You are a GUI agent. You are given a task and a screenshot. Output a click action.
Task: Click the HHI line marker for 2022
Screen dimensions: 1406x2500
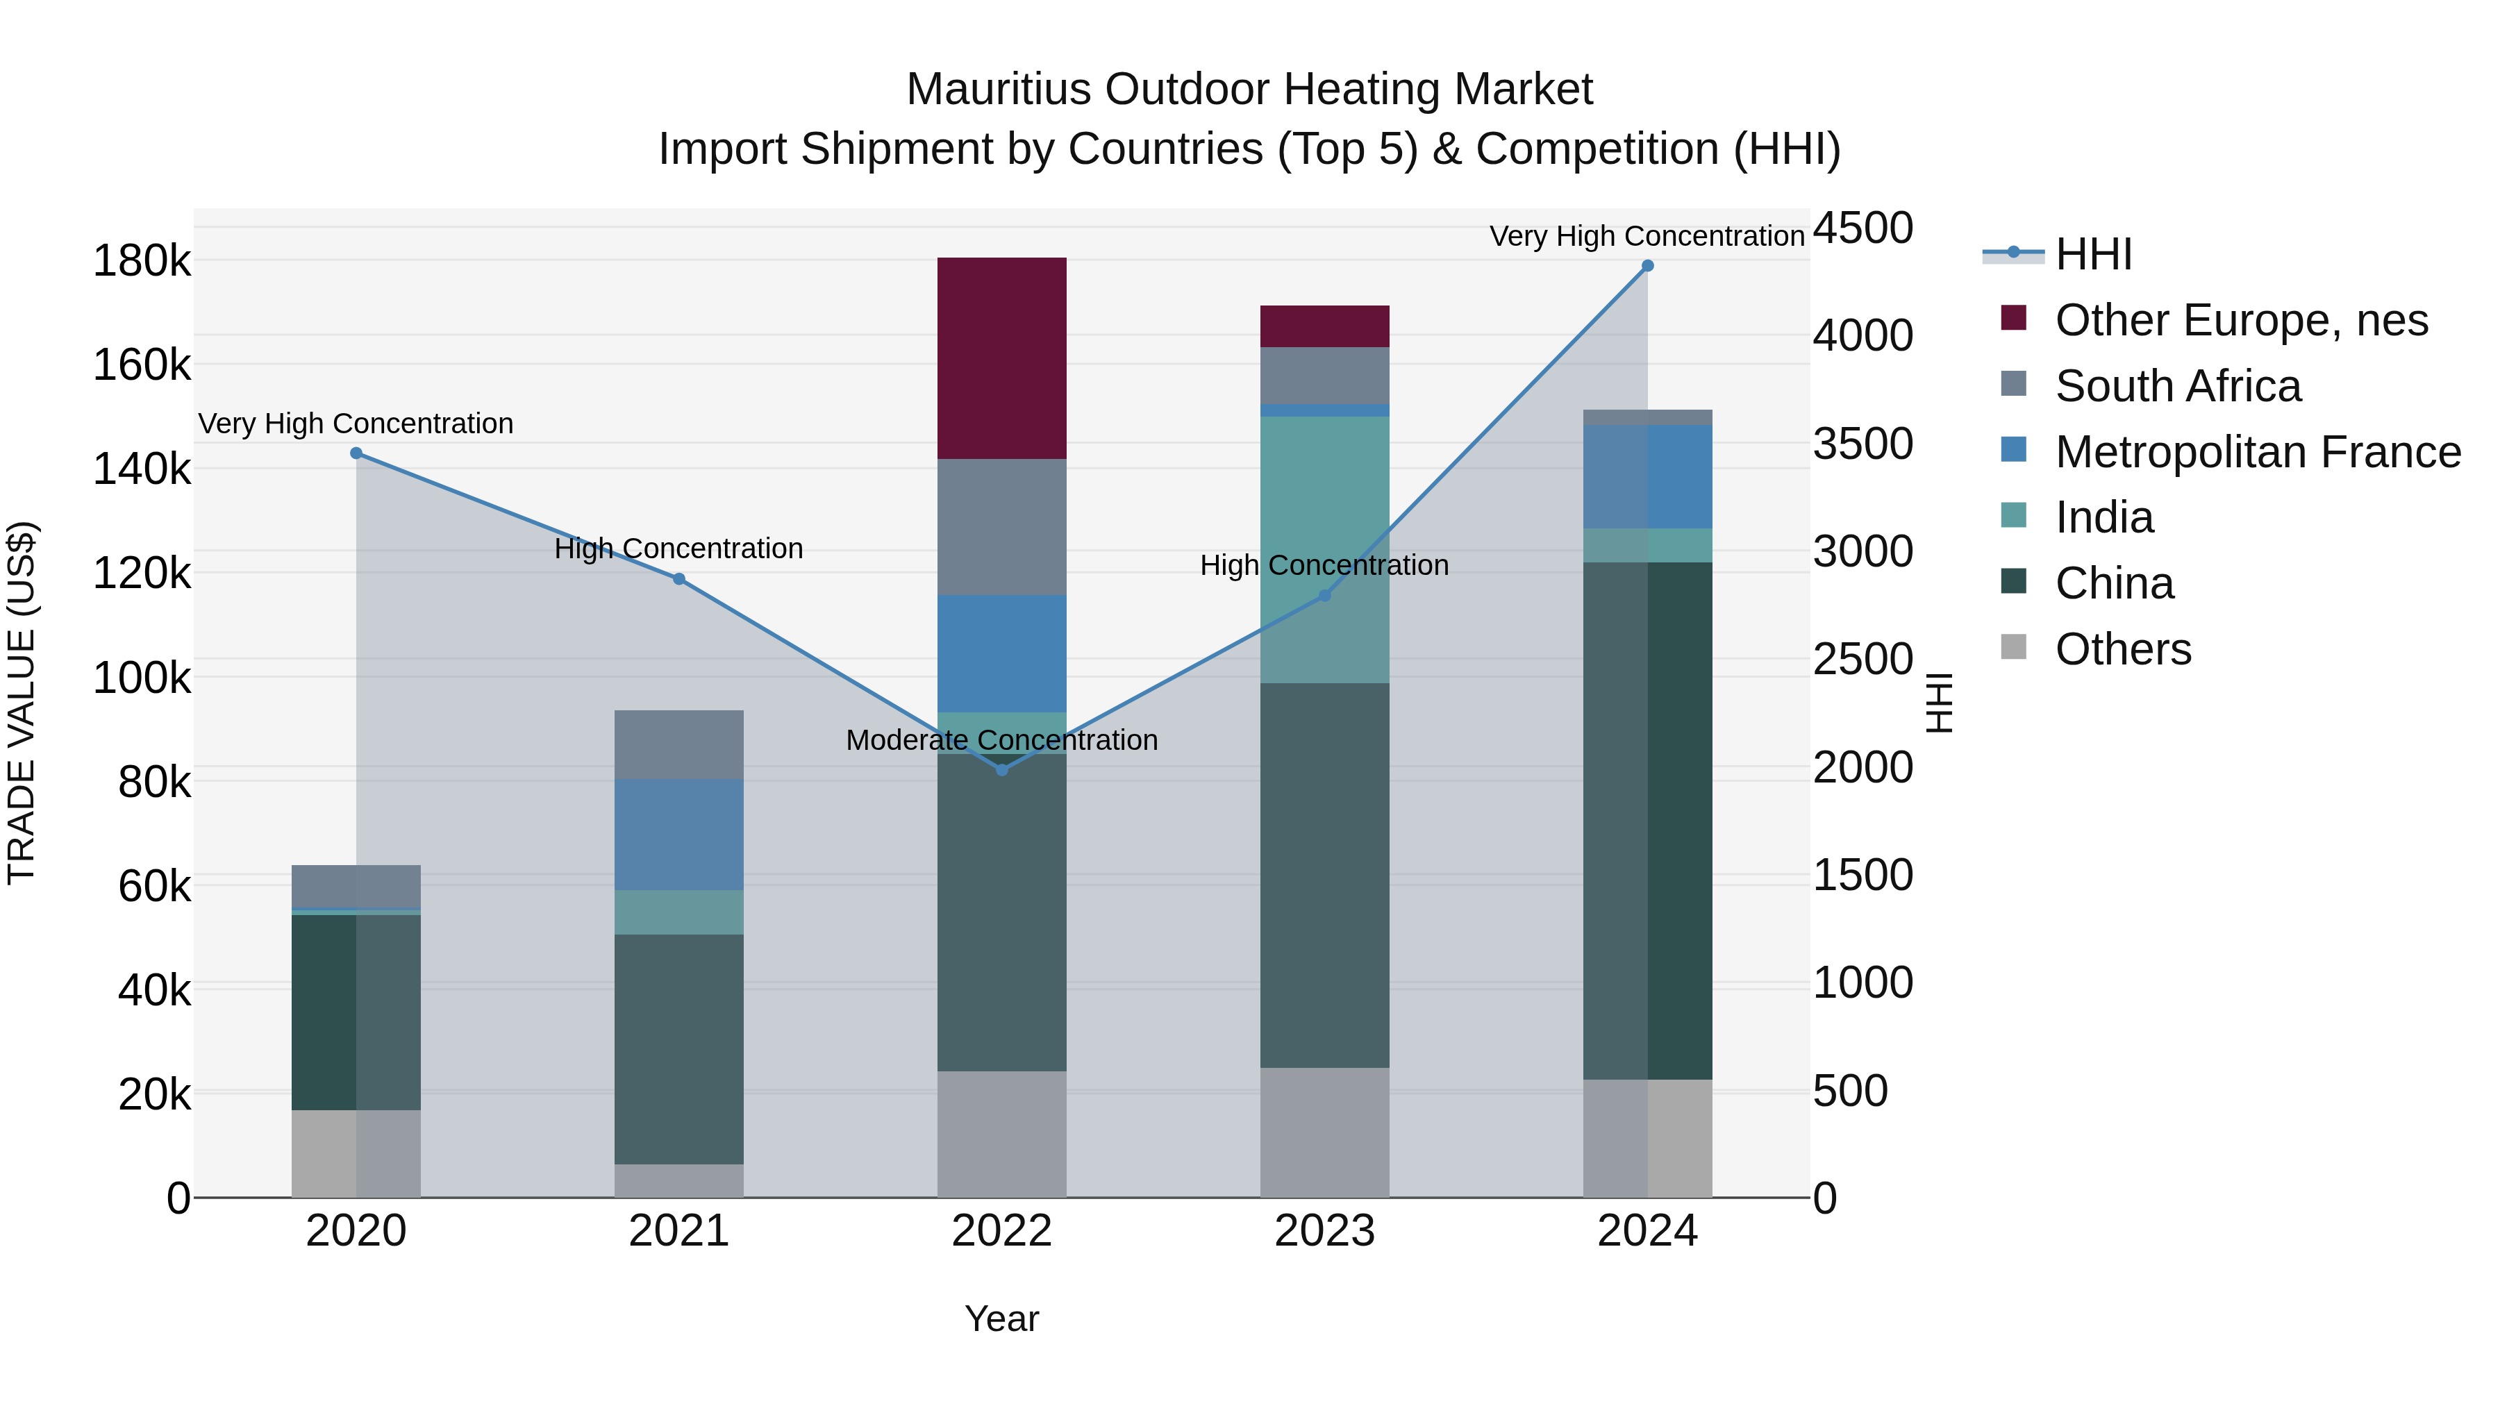(x=1001, y=769)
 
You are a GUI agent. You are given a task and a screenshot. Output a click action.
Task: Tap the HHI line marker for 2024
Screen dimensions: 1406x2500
(x=1647, y=266)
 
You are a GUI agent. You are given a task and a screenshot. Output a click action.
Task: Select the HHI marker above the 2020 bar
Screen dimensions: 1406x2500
(x=356, y=453)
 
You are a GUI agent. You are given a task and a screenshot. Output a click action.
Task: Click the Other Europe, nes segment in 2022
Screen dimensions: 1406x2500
(x=1001, y=358)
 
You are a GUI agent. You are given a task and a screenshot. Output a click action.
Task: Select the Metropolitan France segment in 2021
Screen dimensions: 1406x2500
(x=678, y=835)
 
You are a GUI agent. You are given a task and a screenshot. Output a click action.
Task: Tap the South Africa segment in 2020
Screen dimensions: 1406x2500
(x=356, y=886)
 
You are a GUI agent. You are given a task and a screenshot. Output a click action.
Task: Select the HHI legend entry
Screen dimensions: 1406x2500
(x=2093, y=254)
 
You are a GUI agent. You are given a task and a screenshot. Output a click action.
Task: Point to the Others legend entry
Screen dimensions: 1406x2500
(x=2122, y=649)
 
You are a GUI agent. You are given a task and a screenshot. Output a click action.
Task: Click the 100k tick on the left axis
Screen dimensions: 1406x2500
(x=142, y=678)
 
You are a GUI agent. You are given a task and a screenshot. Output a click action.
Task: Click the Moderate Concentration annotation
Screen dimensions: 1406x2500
(x=1001, y=740)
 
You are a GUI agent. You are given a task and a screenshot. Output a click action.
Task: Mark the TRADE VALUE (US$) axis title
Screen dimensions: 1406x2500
(x=22, y=703)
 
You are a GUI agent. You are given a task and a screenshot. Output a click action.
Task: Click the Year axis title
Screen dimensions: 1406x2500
(x=1001, y=1319)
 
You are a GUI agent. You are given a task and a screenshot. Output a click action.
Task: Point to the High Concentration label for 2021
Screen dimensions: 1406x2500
(x=678, y=549)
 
